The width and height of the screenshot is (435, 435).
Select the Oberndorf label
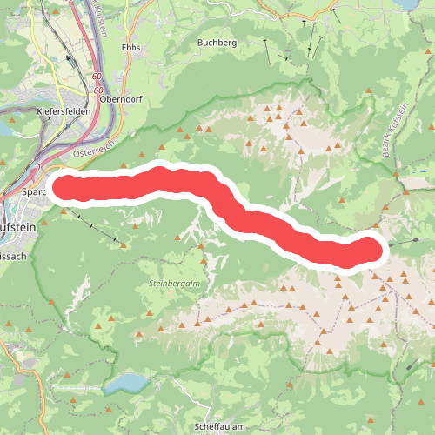[120, 99]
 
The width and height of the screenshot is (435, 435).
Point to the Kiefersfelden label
[65, 112]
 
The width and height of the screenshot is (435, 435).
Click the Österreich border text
[94, 154]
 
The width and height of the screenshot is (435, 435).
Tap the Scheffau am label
[223, 425]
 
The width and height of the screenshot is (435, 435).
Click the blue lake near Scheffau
[129, 384]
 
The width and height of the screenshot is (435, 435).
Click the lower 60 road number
[98, 90]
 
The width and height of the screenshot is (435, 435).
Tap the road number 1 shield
[39, 164]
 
